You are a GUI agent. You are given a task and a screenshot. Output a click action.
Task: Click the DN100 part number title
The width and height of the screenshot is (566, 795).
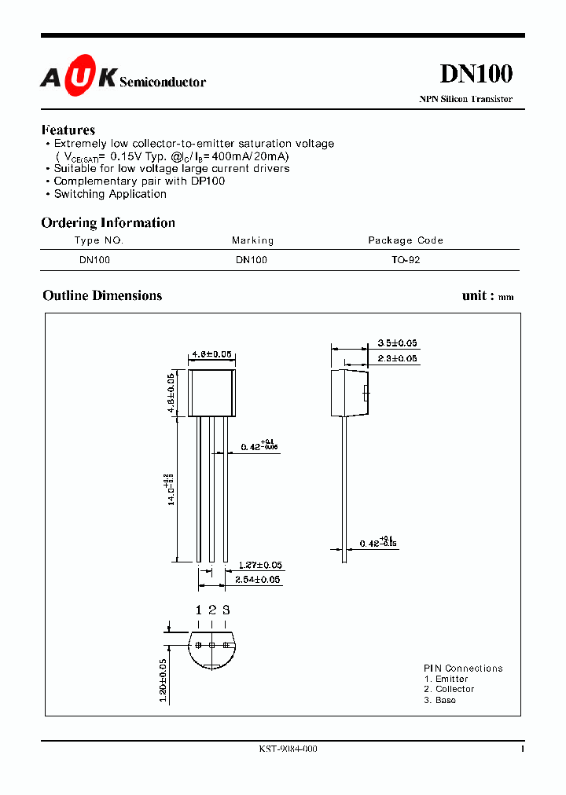[476, 73]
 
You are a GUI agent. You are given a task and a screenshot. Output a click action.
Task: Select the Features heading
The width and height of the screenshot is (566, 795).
[68, 130]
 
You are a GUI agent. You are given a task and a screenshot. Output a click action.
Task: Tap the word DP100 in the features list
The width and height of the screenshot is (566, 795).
[207, 181]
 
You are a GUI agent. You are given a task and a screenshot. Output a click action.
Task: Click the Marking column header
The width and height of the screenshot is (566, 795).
[252, 240]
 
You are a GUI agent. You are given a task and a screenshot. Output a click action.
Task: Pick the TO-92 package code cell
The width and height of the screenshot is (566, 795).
[406, 259]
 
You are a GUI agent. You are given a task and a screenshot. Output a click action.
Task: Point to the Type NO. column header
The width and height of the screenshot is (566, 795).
[99, 240]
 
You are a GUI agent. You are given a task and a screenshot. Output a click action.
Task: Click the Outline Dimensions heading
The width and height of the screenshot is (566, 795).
[102, 295]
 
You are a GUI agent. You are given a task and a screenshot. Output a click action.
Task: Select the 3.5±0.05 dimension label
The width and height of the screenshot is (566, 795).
[397, 343]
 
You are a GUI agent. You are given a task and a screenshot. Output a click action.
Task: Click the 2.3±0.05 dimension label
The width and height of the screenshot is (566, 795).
[397, 358]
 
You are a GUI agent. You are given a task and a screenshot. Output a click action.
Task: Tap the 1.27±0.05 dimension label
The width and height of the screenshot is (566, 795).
[259, 565]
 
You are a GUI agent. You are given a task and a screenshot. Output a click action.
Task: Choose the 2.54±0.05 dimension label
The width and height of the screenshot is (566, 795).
[259, 580]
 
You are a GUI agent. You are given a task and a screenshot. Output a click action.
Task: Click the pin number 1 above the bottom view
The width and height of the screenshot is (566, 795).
[199, 610]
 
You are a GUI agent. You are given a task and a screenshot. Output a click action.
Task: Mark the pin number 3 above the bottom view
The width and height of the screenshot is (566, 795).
[226, 610]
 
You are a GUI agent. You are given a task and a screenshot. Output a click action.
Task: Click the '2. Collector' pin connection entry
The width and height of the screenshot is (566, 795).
[449, 689]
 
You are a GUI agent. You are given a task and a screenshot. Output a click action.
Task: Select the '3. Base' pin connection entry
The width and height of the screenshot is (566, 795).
[439, 700]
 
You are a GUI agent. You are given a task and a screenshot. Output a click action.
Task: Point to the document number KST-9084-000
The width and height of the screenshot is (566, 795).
[288, 749]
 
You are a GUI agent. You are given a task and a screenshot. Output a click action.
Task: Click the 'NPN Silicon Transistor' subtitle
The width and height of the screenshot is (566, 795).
[465, 99]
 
